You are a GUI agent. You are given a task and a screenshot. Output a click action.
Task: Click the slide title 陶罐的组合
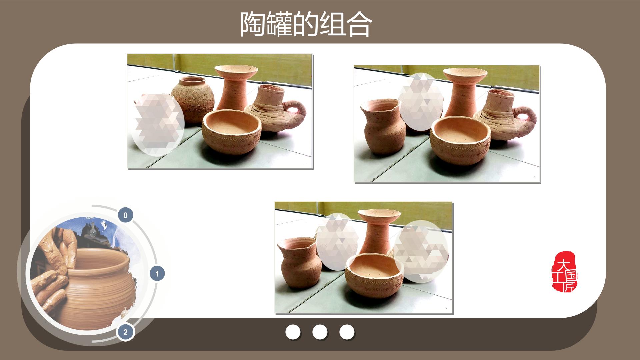pyautogui.click(x=306, y=24)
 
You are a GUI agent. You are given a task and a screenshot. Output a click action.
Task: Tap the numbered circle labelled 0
pyautogui.click(x=125, y=215)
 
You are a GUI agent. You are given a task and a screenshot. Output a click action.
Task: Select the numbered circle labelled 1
pyautogui.click(x=157, y=274)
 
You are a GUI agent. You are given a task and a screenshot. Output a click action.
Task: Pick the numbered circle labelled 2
pyautogui.click(x=125, y=332)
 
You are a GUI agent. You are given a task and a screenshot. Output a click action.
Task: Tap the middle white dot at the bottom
pyautogui.click(x=320, y=332)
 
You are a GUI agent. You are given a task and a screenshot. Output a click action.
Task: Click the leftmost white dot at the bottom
pyautogui.click(x=293, y=332)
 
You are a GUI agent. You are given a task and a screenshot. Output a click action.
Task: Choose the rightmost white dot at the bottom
pyautogui.click(x=347, y=332)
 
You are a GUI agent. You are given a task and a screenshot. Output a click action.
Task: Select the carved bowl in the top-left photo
pyautogui.click(x=232, y=131)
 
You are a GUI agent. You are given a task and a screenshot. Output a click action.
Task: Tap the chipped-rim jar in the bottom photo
pyautogui.click(x=300, y=262)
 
